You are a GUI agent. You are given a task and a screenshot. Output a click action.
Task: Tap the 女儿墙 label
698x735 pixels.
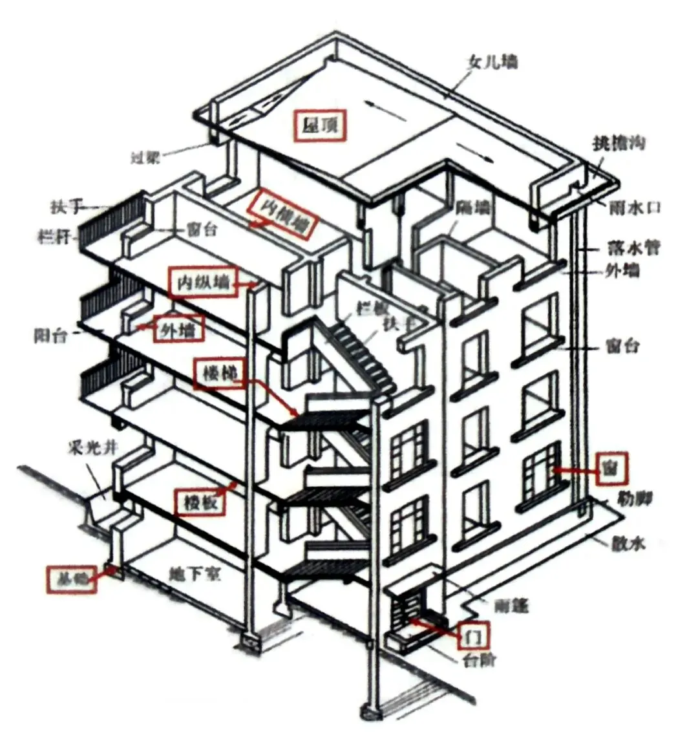coord(492,63)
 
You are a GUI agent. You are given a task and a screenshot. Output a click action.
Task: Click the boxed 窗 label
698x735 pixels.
coord(608,470)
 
